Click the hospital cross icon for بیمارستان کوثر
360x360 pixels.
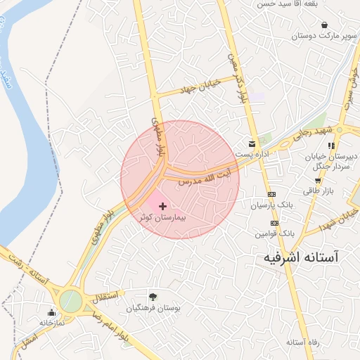[x=163, y=206]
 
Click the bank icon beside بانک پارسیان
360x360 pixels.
[x=271, y=195]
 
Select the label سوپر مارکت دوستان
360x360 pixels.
[x=323, y=34]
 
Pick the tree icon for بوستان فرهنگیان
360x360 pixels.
[x=153, y=296]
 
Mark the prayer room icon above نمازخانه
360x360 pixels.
[x=51, y=313]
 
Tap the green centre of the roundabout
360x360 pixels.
[x=70, y=302]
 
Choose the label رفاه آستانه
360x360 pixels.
[x=304, y=342]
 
